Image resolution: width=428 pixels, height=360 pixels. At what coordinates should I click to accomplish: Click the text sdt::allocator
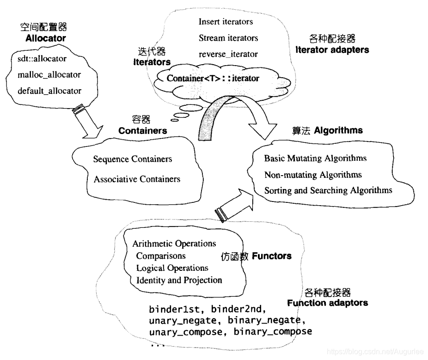(42, 59)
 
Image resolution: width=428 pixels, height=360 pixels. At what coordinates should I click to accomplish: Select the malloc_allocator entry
(49, 74)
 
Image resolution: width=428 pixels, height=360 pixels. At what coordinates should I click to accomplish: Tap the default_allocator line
(49, 91)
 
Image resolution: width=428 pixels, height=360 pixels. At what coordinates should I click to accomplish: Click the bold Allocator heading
(46, 38)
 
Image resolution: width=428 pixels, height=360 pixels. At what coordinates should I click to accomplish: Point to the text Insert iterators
(226, 21)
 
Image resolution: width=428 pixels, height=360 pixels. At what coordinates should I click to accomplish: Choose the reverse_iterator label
(228, 54)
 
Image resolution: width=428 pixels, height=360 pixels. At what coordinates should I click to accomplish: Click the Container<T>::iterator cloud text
(213, 78)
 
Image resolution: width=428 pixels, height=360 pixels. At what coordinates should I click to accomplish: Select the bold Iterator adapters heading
(332, 49)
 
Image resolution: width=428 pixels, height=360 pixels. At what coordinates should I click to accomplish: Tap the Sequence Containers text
(132, 159)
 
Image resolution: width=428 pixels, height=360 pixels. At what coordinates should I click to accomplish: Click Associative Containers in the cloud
(137, 179)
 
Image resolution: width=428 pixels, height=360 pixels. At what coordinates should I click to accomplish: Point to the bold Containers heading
(142, 131)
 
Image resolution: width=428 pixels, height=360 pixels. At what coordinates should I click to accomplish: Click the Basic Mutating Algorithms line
(315, 158)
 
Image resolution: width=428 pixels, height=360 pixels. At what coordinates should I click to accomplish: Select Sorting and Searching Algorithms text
(328, 190)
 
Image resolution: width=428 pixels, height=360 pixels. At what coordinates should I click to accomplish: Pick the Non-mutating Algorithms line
(313, 175)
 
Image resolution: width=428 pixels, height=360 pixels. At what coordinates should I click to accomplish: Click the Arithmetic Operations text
(174, 244)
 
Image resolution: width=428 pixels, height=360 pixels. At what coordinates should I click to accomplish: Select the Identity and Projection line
(179, 280)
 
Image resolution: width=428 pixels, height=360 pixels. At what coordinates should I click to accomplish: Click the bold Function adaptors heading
(327, 303)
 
